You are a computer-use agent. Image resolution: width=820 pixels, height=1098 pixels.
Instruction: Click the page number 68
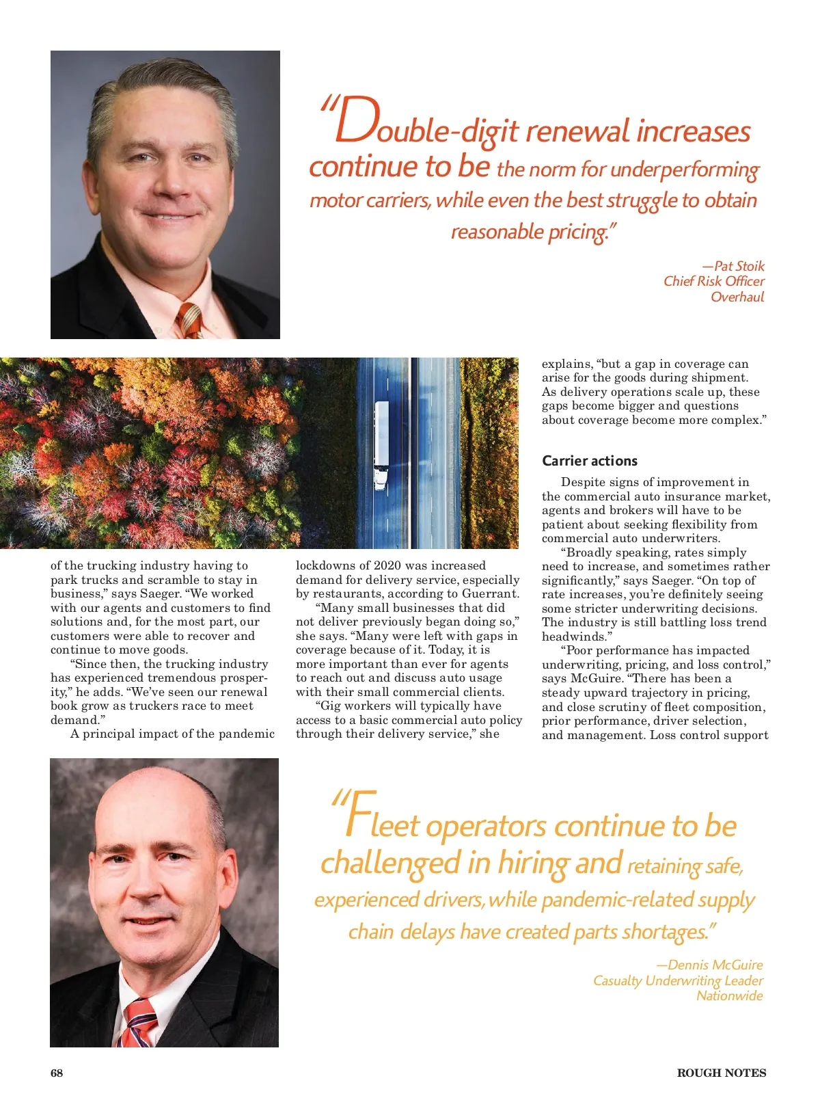coord(57,1073)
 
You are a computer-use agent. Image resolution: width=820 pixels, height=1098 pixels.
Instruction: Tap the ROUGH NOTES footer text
coord(721,1073)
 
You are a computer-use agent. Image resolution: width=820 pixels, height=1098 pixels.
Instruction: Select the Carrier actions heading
coord(589,461)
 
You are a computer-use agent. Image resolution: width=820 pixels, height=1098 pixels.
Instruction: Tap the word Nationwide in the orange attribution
coord(729,995)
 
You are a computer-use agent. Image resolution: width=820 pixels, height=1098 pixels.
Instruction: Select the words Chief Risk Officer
coord(713,281)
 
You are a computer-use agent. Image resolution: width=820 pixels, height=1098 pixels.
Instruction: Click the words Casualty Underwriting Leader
coord(677,980)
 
